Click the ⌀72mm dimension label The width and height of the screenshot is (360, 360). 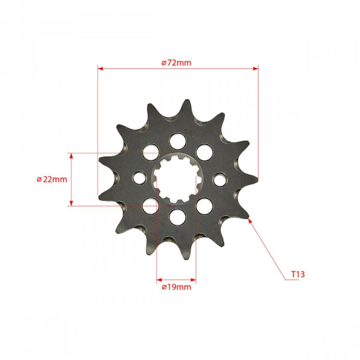(176, 63)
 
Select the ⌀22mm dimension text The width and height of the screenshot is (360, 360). (52, 179)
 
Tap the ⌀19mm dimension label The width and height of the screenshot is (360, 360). (176, 287)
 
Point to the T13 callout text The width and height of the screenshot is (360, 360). (297, 273)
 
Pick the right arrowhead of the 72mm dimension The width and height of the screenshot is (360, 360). (254, 69)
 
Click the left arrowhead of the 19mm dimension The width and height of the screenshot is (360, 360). (159, 279)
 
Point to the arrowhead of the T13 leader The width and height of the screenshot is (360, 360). (251, 220)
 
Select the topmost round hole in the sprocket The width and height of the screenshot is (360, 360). (178, 140)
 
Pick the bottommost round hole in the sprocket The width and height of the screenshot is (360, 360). (177, 217)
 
